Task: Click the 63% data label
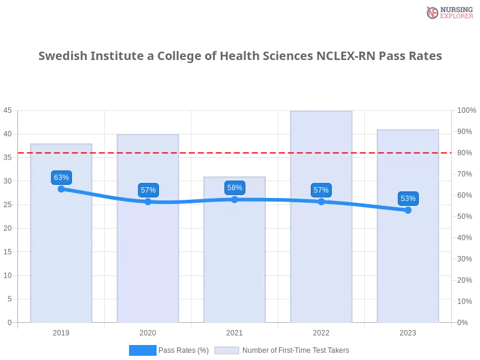(x=61, y=178)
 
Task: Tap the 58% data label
(x=235, y=188)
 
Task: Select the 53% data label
(x=408, y=199)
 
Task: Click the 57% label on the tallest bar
(x=321, y=190)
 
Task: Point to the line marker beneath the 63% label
(x=61, y=189)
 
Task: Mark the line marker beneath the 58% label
(x=235, y=199)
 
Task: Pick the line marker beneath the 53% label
(x=408, y=210)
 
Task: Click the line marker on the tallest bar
(x=321, y=202)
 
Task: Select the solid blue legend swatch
(x=143, y=350)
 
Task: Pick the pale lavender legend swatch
(x=227, y=350)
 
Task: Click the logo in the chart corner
(x=449, y=12)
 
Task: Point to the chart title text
(x=242, y=56)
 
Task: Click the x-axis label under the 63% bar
(x=62, y=331)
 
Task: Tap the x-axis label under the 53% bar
(x=408, y=331)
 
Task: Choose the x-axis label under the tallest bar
(x=321, y=331)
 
